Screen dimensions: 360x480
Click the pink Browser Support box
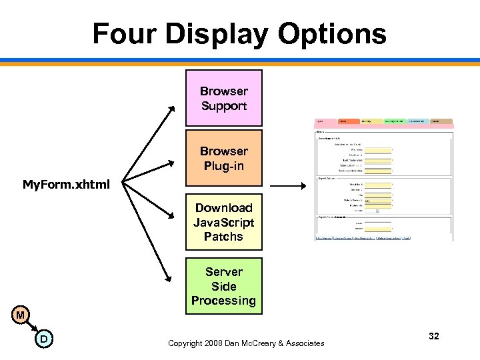[x=223, y=98]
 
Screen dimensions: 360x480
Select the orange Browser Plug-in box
[x=223, y=158]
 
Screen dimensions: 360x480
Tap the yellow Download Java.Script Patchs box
[x=223, y=222]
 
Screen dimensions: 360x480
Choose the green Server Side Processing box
[x=223, y=286]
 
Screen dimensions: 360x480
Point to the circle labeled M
[x=21, y=315]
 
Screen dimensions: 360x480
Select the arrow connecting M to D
[x=32, y=327]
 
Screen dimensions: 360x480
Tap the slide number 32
[x=434, y=337]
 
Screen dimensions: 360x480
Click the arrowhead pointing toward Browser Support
[x=172, y=107]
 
